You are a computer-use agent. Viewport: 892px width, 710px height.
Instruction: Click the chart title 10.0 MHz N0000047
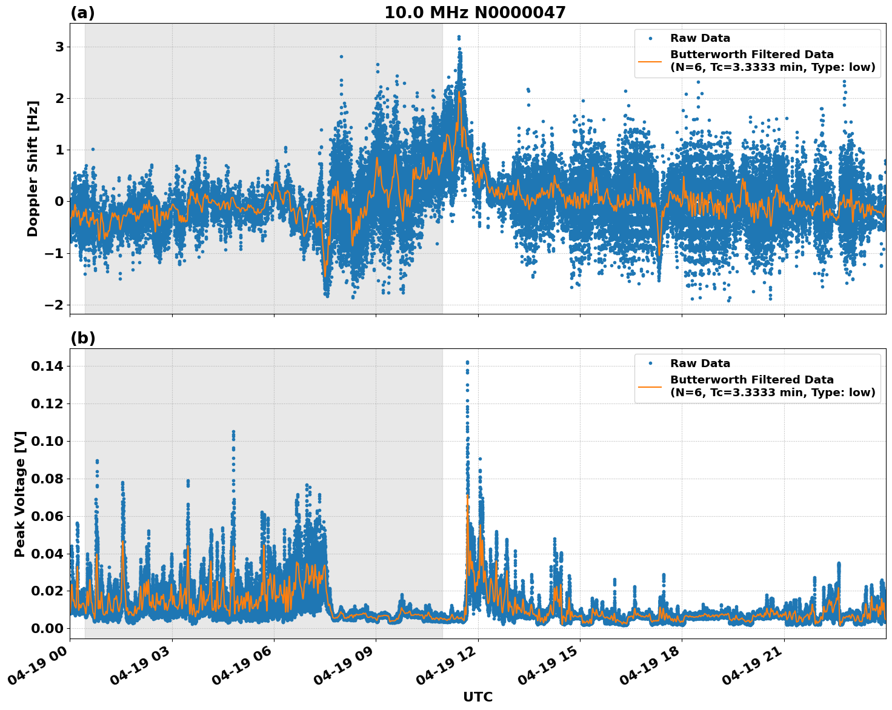(474, 13)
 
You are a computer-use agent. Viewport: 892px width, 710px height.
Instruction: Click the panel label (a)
(82, 13)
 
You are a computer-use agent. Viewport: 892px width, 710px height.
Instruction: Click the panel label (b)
(82, 338)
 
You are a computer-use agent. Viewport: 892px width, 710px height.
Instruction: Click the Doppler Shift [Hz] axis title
(33, 168)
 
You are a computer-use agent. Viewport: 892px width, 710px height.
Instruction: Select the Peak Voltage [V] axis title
(20, 494)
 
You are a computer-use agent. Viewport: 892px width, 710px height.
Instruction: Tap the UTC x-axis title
(478, 697)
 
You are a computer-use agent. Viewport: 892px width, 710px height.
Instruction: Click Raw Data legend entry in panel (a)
(700, 38)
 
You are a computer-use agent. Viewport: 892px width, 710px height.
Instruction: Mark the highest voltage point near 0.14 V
(467, 362)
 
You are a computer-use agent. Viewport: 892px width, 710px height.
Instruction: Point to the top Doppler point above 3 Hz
(459, 37)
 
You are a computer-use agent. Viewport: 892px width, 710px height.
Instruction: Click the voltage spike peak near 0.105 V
(233, 432)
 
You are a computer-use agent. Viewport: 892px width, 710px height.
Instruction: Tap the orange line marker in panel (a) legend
(650, 61)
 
